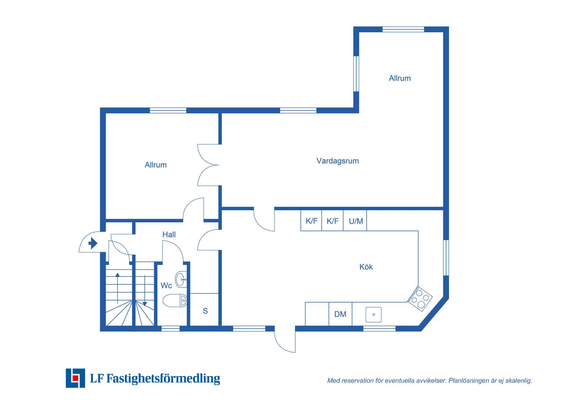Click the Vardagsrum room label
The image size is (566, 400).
[338, 161]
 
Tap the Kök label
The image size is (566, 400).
[366, 267]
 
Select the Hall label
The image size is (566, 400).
[169, 235]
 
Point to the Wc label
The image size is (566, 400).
[166, 285]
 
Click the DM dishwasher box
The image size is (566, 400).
[340, 314]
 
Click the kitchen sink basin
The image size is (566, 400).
[374, 315]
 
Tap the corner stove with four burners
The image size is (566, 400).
[420, 299]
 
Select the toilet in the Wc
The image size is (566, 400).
[175, 301]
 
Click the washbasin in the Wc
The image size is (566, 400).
[181, 280]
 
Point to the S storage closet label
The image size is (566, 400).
[205, 311]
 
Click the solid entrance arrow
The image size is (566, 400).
[93, 243]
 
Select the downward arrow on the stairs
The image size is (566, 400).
[145, 291]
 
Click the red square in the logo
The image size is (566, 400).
[75, 378]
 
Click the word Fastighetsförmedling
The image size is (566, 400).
[163, 378]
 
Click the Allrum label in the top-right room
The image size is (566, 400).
[400, 78]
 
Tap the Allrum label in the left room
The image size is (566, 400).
[156, 165]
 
